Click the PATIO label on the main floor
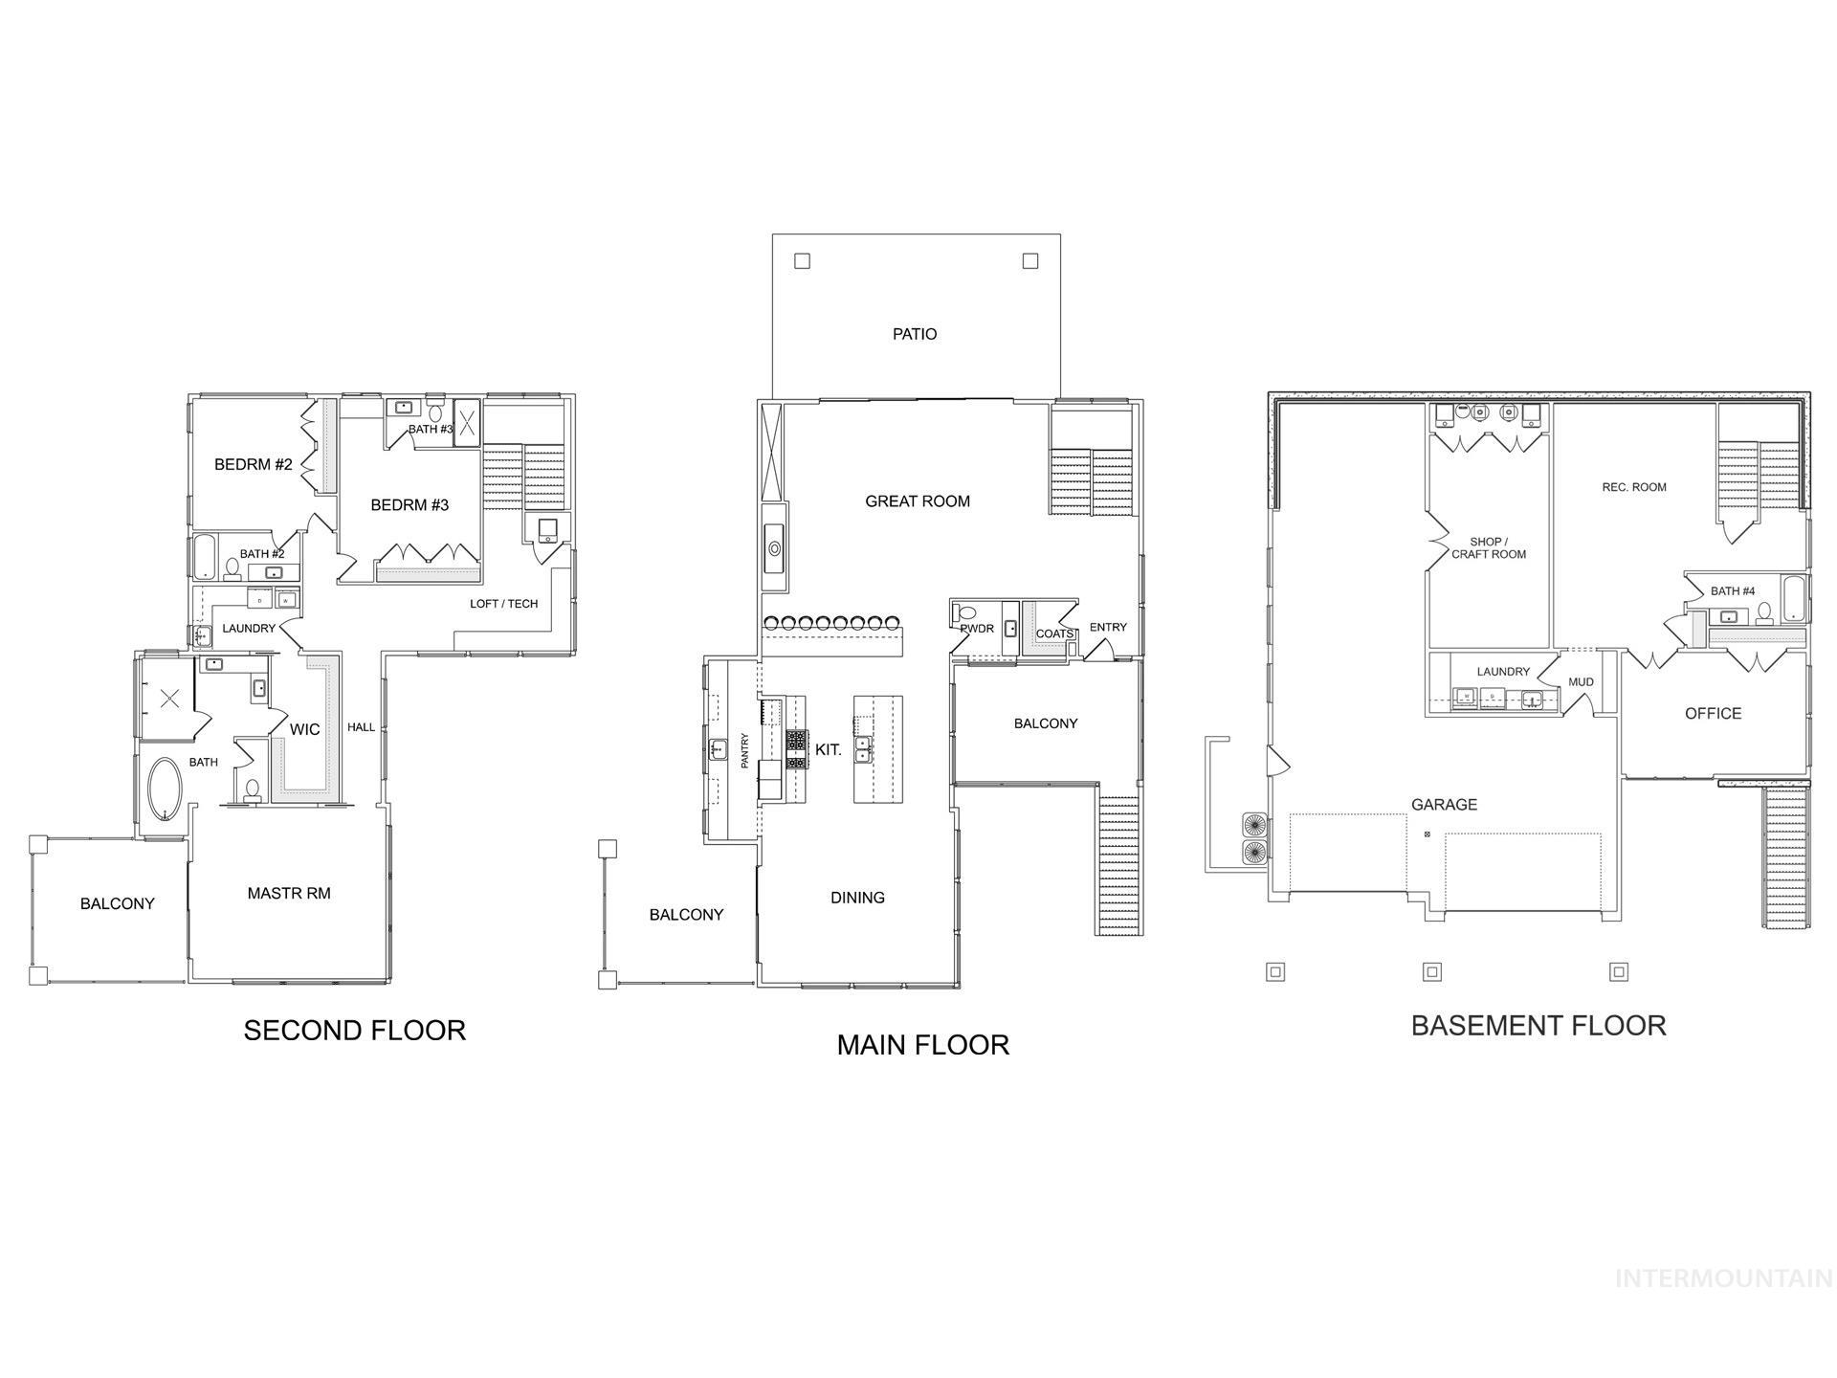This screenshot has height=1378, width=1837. tap(915, 334)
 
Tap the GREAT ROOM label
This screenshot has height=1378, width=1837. tap(917, 501)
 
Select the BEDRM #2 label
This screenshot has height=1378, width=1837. tap(253, 465)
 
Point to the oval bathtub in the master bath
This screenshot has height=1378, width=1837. tap(166, 789)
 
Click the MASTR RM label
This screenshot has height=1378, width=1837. tap(289, 894)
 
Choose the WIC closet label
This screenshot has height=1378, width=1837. tap(304, 730)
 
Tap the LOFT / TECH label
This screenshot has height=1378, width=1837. tap(503, 604)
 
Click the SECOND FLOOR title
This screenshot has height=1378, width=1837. tap(354, 1031)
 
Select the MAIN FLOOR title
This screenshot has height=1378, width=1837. tap(922, 1045)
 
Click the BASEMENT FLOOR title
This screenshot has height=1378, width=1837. tap(1538, 1026)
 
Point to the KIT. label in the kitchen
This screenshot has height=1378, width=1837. tap(829, 750)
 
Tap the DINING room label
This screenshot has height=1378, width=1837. tap(857, 898)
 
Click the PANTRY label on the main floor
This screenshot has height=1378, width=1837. tap(744, 751)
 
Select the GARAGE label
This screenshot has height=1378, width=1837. tap(1444, 805)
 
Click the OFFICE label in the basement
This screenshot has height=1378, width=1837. tap(1713, 714)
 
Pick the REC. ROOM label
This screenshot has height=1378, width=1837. tap(1634, 487)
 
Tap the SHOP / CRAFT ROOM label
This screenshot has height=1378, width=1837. tap(1489, 548)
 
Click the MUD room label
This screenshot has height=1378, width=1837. tap(1581, 682)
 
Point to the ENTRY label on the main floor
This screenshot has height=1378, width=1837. tap(1108, 628)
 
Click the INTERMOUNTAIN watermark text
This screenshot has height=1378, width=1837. tap(1723, 1278)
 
